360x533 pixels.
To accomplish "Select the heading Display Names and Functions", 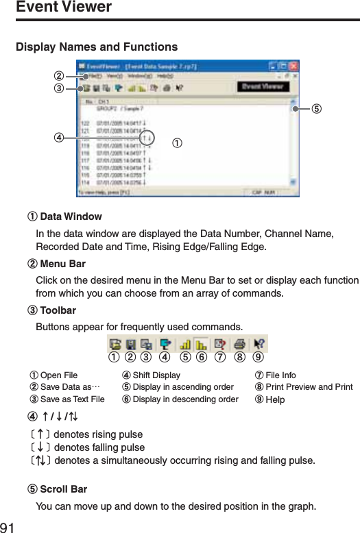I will coord(96,47).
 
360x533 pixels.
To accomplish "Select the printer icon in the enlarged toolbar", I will coord(239,344).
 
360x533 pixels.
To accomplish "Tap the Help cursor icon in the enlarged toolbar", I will coord(260,344).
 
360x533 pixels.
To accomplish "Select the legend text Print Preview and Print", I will coord(309,387).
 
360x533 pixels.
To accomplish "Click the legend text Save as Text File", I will coord(72,399).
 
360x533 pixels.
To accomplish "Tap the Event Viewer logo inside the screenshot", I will coord(261,88).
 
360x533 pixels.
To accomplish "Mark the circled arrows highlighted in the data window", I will coord(150,136).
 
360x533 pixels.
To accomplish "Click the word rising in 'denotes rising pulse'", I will coord(101,434).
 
